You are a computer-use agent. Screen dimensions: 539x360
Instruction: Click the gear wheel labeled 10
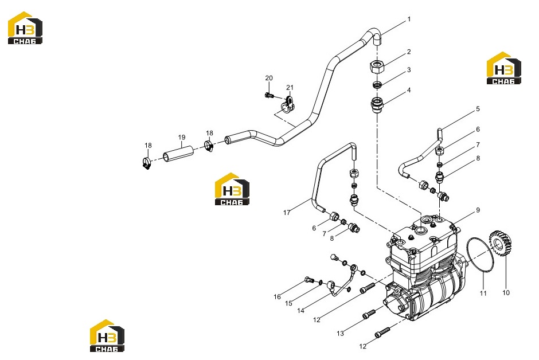tap(500, 244)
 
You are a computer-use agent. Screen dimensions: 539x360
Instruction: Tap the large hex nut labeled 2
tap(377, 66)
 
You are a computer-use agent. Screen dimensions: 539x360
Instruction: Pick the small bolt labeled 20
tap(269, 95)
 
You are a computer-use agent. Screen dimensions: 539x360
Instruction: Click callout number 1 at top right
tap(409, 19)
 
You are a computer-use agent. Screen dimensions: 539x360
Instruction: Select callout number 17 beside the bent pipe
tap(287, 213)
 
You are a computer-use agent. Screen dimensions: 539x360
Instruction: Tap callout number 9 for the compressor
tap(478, 210)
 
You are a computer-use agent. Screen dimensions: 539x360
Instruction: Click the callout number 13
tap(340, 333)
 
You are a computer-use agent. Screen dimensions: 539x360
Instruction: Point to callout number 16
tap(277, 297)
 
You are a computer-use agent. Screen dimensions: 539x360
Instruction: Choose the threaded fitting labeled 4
tap(377, 104)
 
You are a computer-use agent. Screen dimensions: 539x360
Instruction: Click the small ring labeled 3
tap(377, 84)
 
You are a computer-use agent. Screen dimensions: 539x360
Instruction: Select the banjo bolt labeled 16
tap(310, 280)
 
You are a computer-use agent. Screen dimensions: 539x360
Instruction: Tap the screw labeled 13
tap(369, 314)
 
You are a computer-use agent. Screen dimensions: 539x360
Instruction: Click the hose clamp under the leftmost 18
tap(147, 163)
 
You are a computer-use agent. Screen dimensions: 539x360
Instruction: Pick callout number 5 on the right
tap(478, 109)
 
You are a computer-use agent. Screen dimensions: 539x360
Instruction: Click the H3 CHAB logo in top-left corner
tap(25, 28)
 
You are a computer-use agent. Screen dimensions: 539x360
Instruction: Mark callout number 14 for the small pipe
tap(301, 311)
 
